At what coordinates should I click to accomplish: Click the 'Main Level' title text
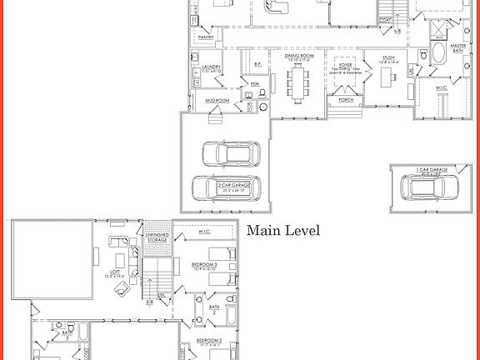(282, 230)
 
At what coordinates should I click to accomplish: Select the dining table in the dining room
(298, 82)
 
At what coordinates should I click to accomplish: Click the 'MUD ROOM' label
(216, 100)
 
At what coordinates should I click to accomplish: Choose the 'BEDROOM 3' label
(204, 265)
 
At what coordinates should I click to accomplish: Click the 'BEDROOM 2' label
(208, 341)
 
